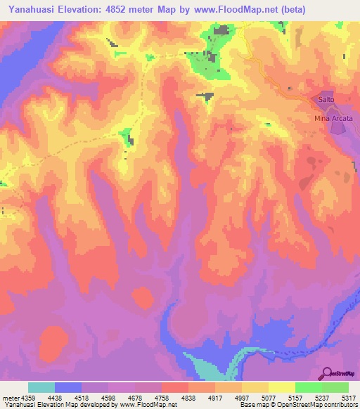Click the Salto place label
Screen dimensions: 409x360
[x=326, y=100]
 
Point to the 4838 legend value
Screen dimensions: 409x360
[x=188, y=396]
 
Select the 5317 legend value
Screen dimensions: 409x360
[x=349, y=396]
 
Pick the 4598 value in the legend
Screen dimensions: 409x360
[x=108, y=396]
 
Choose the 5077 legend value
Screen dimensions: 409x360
[x=269, y=396]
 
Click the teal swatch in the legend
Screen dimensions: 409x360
[x=41, y=387]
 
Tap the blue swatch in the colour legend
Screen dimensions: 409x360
[x=68, y=387]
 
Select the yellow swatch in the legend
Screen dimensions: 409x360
[x=282, y=387]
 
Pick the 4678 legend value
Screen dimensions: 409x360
[x=135, y=396]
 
